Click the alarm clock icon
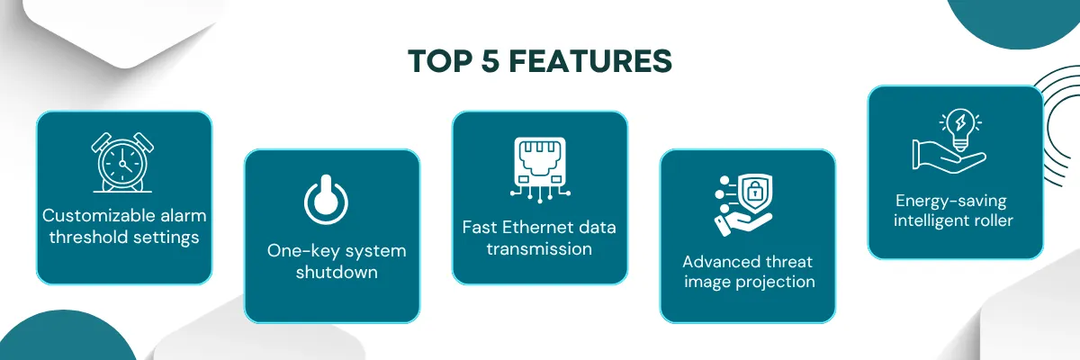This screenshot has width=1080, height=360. [x=122, y=163]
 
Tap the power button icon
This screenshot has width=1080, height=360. [x=326, y=200]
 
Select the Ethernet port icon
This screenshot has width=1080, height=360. [x=540, y=169]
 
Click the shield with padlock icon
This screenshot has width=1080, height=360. [x=756, y=193]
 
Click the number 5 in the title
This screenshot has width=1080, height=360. [x=490, y=61]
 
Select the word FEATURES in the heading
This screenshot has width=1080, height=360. [x=590, y=61]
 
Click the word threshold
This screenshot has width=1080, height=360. [x=88, y=237]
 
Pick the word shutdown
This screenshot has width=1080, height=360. [x=337, y=273]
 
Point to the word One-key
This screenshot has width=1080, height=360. [x=296, y=251]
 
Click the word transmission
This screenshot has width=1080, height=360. [x=539, y=249]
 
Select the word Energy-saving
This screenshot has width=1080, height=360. [x=950, y=202]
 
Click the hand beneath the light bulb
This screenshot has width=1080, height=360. [x=949, y=155]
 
